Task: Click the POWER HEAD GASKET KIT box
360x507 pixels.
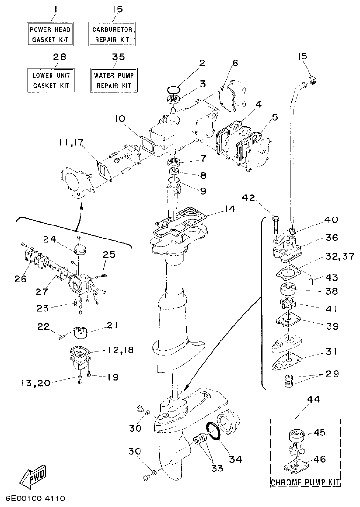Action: tap(50, 35)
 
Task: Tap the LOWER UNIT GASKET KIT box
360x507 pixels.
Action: tap(50, 80)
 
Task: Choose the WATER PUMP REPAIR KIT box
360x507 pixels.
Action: tap(114, 80)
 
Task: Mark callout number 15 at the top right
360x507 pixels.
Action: tap(301, 57)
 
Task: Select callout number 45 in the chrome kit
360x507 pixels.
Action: tap(319, 432)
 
